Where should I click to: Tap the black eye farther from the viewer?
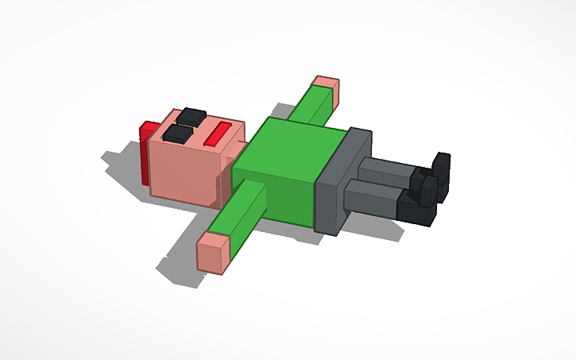[x=191, y=117]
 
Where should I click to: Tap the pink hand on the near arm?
[x=212, y=253]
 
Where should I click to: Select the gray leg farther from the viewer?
[x=385, y=169]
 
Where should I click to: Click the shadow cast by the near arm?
[x=179, y=262]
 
